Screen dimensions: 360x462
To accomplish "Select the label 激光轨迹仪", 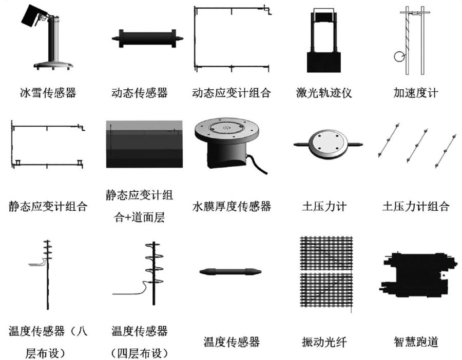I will pos(324,93).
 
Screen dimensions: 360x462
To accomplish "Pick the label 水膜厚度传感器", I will pos(231,207).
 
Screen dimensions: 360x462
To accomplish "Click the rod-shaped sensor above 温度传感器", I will pos(231,272).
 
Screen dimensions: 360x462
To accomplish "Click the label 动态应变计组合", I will pos(231,93).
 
